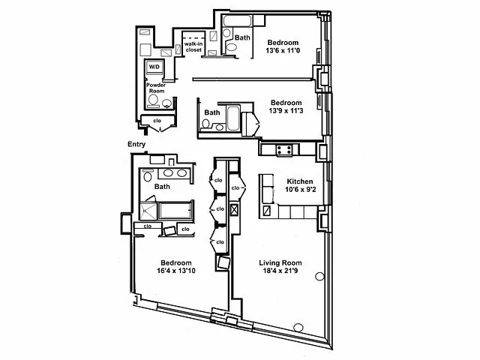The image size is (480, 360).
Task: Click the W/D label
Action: (x=154, y=67)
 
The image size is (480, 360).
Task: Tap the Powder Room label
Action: (x=156, y=88)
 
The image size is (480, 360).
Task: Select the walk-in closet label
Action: (x=188, y=47)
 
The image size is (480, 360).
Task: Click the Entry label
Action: (x=136, y=145)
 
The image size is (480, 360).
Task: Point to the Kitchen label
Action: (x=299, y=181)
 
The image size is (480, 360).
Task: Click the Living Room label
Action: (x=280, y=262)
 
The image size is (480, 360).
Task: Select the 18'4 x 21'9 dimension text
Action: (x=280, y=272)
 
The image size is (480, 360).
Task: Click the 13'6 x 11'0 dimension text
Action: (x=283, y=52)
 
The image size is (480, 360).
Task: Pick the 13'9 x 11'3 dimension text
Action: (x=286, y=112)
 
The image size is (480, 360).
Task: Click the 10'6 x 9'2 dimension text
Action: (x=299, y=190)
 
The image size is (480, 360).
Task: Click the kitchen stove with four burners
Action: (x=284, y=150)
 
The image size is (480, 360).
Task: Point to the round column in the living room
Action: (x=319, y=274)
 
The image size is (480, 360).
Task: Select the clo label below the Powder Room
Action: (x=157, y=120)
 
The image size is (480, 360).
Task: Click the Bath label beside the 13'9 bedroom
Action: (x=213, y=113)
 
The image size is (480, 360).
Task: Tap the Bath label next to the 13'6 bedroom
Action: (x=242, y=37)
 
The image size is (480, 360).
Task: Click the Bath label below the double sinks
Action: (x=162, y=186)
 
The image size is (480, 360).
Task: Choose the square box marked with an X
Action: (x=233, y=211)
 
